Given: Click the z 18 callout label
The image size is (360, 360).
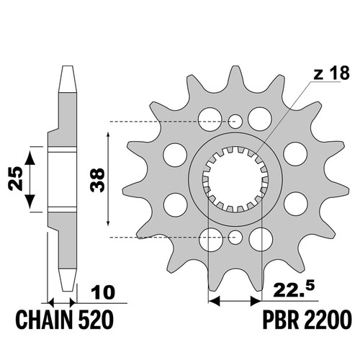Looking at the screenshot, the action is click(x=331, y=73).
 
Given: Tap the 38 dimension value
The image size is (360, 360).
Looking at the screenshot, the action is click(x=98, y=180).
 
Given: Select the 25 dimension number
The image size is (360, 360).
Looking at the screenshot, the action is click(x=15, y=179).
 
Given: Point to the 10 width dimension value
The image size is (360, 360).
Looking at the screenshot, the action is click(x=103, y=292).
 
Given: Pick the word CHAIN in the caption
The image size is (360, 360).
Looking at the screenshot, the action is click(x=44, y=320).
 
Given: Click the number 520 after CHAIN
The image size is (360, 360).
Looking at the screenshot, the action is click(x=96, y=320).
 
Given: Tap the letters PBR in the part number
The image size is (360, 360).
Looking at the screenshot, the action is click(x=281, y=320).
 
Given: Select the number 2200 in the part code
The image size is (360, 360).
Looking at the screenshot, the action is click(x=328, y=320).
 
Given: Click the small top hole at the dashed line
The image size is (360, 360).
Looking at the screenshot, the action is click(x=235, y=121).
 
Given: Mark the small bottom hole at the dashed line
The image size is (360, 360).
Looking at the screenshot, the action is click(x=235, y=237).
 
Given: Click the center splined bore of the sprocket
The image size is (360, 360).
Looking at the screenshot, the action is click(x=235, y=179).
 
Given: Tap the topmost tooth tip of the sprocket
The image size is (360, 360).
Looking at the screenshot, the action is click(x=235, y=66).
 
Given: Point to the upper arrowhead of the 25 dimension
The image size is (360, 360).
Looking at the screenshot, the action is click(x=30, y=157).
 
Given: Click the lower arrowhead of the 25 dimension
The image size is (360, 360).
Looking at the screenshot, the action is click(x=30, y=202).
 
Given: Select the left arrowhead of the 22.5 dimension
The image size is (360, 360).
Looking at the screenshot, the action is click(x=214, y=301).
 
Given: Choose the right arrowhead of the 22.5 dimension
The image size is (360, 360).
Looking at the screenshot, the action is click(x=256, y=301).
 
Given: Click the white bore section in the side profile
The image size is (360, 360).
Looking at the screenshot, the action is click(x=63, y=179).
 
